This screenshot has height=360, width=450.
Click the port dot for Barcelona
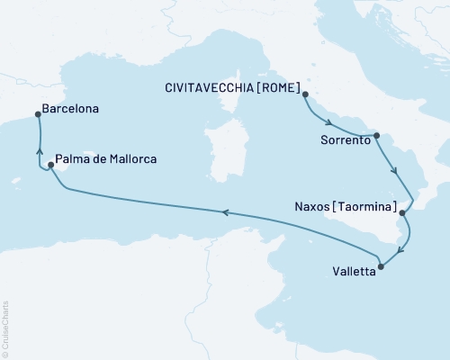37,114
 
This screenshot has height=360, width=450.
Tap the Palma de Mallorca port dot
51,165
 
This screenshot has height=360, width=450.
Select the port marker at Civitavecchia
305,94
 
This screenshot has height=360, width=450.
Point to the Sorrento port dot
377,136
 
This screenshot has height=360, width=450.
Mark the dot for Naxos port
403,214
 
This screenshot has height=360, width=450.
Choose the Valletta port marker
382,265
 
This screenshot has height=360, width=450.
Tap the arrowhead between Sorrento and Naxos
394,168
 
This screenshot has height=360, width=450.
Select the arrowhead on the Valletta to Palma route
226,212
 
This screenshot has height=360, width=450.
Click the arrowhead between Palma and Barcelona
38,151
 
